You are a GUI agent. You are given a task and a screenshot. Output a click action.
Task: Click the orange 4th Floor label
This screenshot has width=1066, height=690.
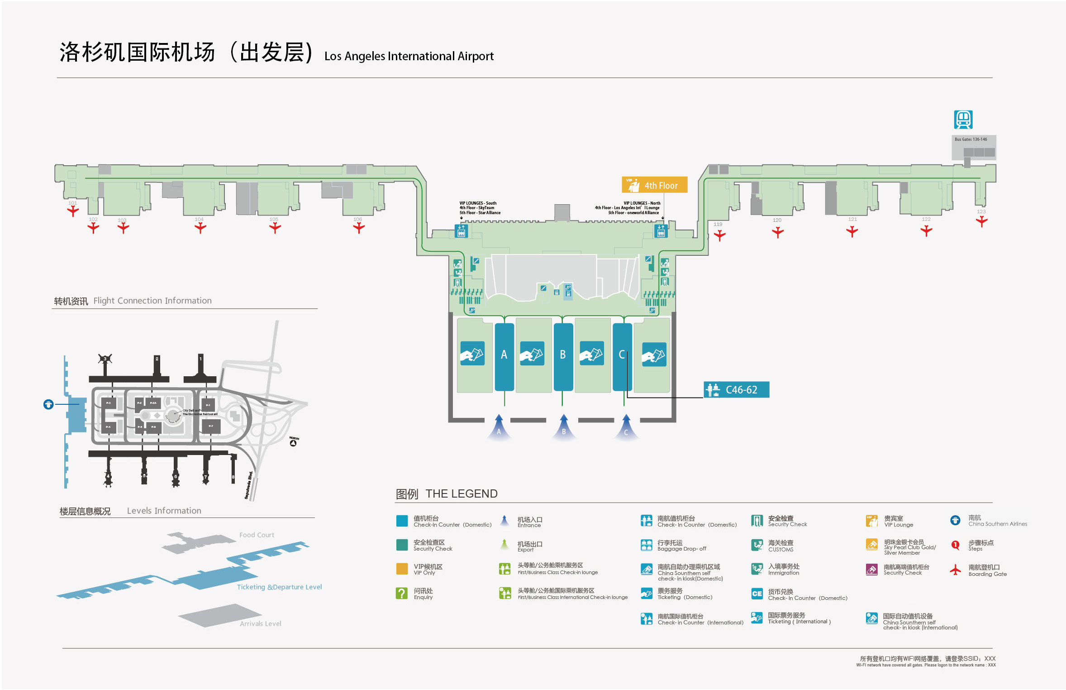coord(654,185)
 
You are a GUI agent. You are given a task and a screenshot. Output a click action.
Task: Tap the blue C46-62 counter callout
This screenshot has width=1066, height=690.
coord(736,390)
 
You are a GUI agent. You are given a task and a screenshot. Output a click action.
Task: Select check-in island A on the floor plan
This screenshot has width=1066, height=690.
coord(504,356)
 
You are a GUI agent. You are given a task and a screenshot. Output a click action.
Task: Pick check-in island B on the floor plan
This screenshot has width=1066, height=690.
coord(563,356)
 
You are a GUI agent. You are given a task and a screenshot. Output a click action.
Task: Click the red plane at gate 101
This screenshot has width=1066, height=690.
coord(73,211)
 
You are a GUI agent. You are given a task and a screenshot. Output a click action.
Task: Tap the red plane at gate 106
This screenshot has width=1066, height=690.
coord(358,228)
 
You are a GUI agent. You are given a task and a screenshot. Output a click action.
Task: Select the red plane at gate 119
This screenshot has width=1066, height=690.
coord(719,235)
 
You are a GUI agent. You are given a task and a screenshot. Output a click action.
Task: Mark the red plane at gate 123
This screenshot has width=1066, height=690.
coord(981,221)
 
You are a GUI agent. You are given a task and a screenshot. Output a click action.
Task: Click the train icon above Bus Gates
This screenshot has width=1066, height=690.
coord(963,120)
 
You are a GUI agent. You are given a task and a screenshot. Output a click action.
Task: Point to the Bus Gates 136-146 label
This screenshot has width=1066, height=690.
coord(971,139)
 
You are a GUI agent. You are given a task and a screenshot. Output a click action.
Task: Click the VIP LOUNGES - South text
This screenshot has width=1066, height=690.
coord(478,203)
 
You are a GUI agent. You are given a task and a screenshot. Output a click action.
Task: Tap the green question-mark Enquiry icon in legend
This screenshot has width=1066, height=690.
coord(401,593)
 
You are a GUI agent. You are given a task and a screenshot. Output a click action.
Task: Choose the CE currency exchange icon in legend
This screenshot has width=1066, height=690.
coord(757,594)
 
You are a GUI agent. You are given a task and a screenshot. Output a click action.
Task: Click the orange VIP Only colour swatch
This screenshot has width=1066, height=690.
coord(402,569)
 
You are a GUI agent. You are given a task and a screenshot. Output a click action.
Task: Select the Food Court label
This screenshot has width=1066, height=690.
coord(257,535)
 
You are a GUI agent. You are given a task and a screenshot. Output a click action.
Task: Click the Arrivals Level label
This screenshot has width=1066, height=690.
coord(260,624)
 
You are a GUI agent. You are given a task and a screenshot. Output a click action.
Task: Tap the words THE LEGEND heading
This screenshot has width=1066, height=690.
coord(461,494)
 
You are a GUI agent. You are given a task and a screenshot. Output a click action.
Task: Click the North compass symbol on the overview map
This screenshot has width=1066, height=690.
coord(293,442)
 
